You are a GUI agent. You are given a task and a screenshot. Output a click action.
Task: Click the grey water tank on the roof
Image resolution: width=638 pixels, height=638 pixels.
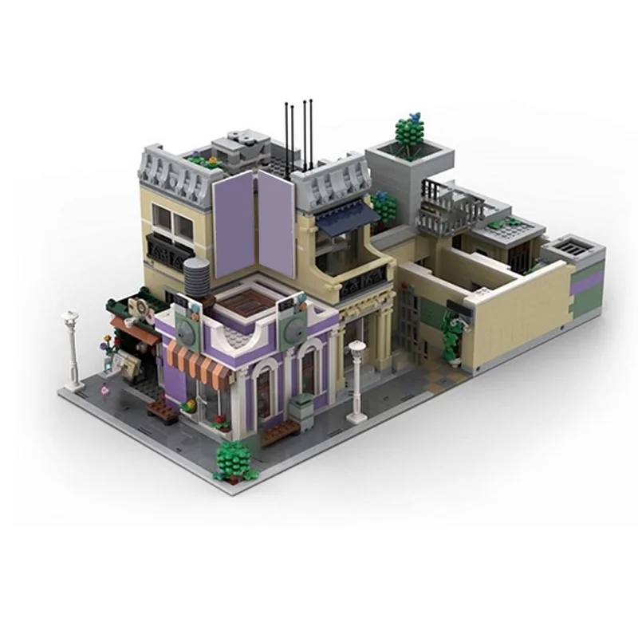[x=197, y=276]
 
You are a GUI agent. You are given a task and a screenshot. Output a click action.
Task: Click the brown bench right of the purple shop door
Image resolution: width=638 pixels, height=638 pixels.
[x=280, y=431]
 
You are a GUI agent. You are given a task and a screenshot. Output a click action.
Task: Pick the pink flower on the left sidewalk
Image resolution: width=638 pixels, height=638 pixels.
[x=104, y=392]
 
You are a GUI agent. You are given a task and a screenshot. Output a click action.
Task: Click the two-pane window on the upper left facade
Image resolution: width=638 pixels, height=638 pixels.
[x=173, y=221]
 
